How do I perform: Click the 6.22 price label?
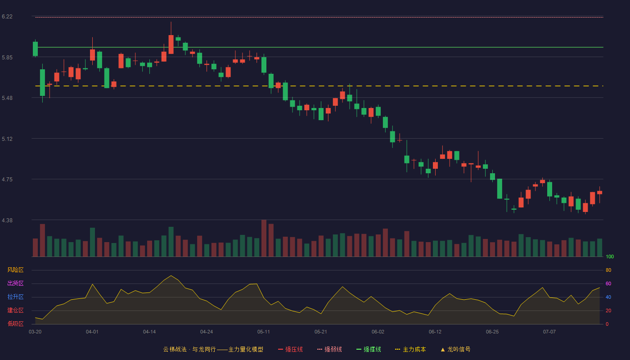(7, 17)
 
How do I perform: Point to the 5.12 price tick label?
(7, 139)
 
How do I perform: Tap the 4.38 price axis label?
(7, 220)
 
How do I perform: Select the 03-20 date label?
(35, 332)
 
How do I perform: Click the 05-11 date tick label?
(264, 332)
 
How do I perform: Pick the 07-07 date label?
(549, 332)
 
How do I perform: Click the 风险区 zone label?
(15, 270)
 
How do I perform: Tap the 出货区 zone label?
(15, 283)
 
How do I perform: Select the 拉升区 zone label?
(15, 297)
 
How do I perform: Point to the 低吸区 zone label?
(15, 324)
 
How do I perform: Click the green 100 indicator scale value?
(610, 256)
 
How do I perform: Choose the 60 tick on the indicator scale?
(608, 283)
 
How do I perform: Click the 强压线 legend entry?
(290, 349)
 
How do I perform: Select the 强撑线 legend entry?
(369, 349)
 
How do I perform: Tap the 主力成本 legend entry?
(410, 349)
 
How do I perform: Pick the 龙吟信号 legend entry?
(455, 349)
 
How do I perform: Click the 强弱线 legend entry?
(329, 349)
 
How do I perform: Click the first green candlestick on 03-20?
(35, 49)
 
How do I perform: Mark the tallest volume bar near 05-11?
(264, 238)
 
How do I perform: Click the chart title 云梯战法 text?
(175, 349)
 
